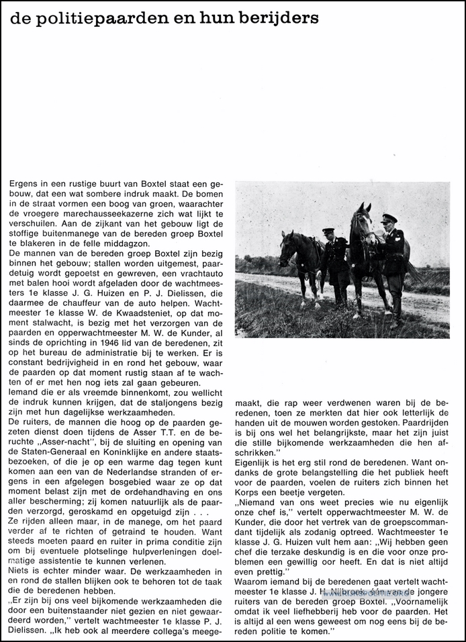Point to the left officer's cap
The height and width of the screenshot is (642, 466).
(x=327, y=231)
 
